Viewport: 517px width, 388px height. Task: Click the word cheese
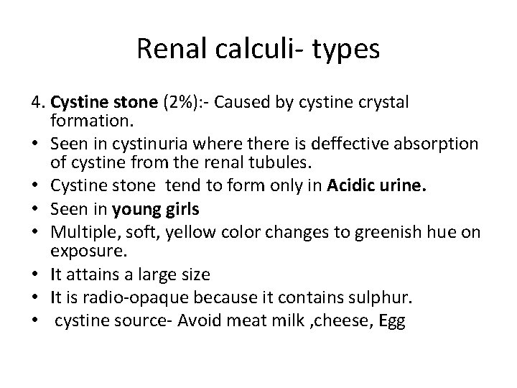click(x=342, y=320)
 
